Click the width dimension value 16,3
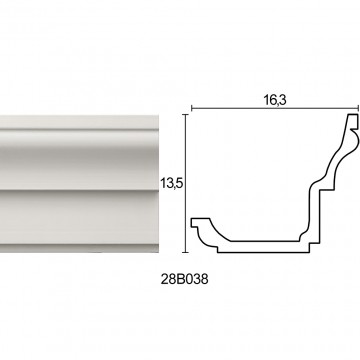(x=275, y=100)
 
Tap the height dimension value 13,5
(x=172, y=183)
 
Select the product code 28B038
(x=184, y=279)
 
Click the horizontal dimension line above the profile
(x=275, y=108)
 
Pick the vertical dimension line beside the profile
(x=186, y=183)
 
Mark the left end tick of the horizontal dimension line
(x=191, y=108)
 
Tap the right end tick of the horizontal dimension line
(x=358, y=108)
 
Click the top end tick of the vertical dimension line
(x=186, y=114)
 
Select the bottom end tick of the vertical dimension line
(x=186, y=252)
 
